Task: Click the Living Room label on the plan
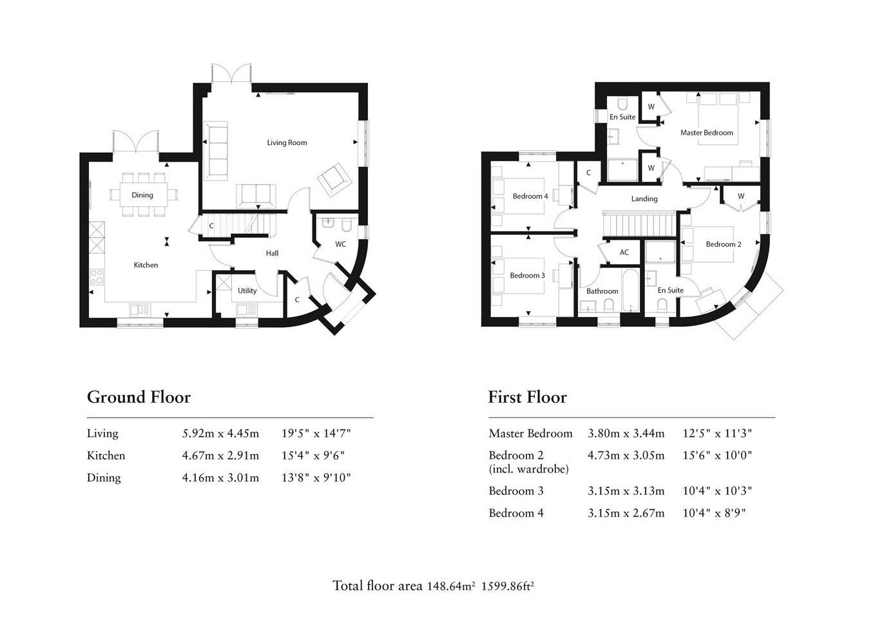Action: pyautogui.click(x=287, y=142)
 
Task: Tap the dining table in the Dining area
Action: pyautogui.click(x=142, y=195)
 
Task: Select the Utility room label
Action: pyautogui.click(x=247, y=291)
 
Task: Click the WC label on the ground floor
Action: pyautogui.click(x=341, y=244)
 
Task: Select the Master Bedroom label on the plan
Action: pyautogui.click(x=706, y=133)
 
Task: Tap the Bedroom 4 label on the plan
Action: pyautogui.click(x=530, y=196)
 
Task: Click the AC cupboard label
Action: pyautogui.click(x=624, y=253)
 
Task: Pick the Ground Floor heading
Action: pyautogui.click(x=139, y=397)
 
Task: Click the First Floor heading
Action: pyautogui.click(x=527, y=397)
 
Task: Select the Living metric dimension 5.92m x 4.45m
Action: pyautogui.click(x=220, y=434)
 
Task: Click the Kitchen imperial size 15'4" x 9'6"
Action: pyautogui.click(x=313, y=456)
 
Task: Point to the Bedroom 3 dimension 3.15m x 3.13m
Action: pyautogui.click(x=626, y=491)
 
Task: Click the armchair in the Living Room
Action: pyautogui.click(x=334, y=178)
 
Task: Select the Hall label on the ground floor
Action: pyautogui.click(x=272, y=253)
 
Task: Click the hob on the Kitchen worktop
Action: pyautogui.click(x=96, y=277)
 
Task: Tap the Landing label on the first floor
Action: pyautogui.click(x=644, y=199)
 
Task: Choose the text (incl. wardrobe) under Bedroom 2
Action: pyautogui.click(x=528, y=469)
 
